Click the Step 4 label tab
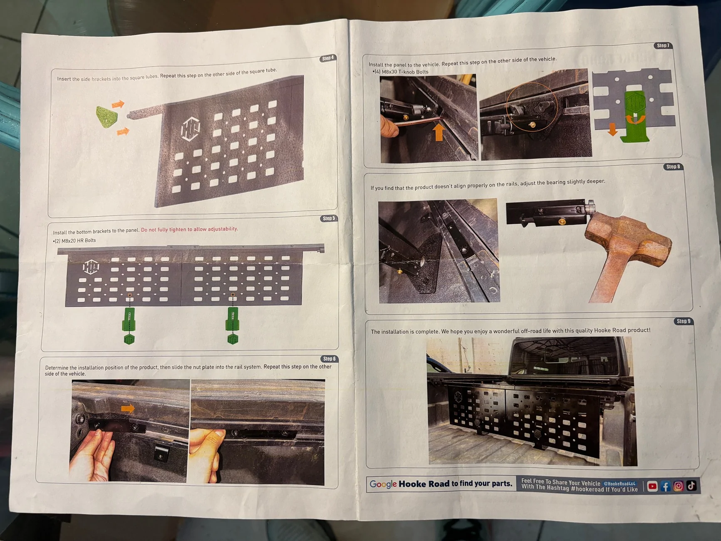click(328, 58)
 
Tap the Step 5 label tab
click(329, 218)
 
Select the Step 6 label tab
click(329, 359)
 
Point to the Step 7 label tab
click(663, 45)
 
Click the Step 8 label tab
click(673, 166)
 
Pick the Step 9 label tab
click(683, 321)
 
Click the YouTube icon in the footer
click(652, 486)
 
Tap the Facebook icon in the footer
click(665, 486)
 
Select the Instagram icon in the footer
click(678, 486)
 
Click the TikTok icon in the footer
click(691, 485)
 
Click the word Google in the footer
click(383, 484)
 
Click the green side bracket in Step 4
click(107, 117)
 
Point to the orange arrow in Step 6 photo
click(128, 409)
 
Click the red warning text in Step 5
click(189, 229)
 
